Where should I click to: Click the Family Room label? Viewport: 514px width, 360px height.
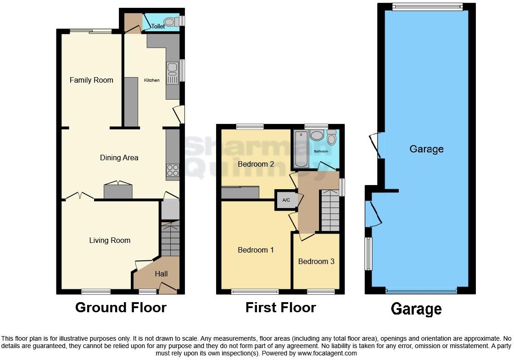coord(91,80)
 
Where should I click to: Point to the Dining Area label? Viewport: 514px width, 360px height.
coord(119,157)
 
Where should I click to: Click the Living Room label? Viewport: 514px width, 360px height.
coord(110,240)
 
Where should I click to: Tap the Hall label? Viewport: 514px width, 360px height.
coord(161,274)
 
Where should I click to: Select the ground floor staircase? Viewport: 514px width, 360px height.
coord(170,239)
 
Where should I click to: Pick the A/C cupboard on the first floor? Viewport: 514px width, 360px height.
coord(286,200)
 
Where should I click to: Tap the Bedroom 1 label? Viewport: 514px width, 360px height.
coord(256,250)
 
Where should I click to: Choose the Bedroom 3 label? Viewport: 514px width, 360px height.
coord(316,261)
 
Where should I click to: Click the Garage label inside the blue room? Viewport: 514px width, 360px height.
coord(426,149)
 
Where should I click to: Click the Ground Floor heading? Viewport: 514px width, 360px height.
coord(121,307)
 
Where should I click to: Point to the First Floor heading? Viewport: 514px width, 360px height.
coord(280,307)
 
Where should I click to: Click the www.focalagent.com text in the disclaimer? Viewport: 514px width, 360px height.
coord(327,353)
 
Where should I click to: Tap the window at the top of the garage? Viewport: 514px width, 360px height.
coord(428,6)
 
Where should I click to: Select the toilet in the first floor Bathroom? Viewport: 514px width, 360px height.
coord(332,138)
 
